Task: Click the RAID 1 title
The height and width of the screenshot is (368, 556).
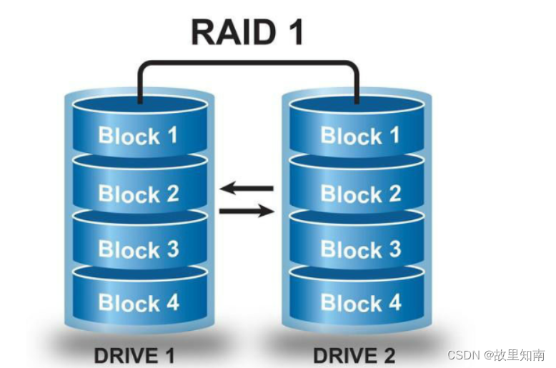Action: [x=247, y=31]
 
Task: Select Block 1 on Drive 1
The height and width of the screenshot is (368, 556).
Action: [x=137, y=135]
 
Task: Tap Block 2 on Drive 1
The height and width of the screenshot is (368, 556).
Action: [x=137, y=194]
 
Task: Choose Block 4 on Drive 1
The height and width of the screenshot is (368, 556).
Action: [x=137, y=302]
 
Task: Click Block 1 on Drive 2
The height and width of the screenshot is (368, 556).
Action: [x=359, y=136]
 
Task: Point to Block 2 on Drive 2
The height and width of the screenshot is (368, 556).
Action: [x=359, y=194]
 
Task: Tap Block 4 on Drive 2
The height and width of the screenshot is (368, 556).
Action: [x=359, y=303]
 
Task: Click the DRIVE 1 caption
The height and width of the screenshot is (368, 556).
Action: [x=134, y=354]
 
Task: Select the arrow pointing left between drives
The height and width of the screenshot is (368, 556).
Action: [x=247, y=189]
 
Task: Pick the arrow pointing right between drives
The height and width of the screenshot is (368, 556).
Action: [x=247, y=211]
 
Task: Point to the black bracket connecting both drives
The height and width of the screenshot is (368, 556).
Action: [x=247, y=64]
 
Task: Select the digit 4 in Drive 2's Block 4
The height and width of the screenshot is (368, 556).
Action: [x=393, y=303]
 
